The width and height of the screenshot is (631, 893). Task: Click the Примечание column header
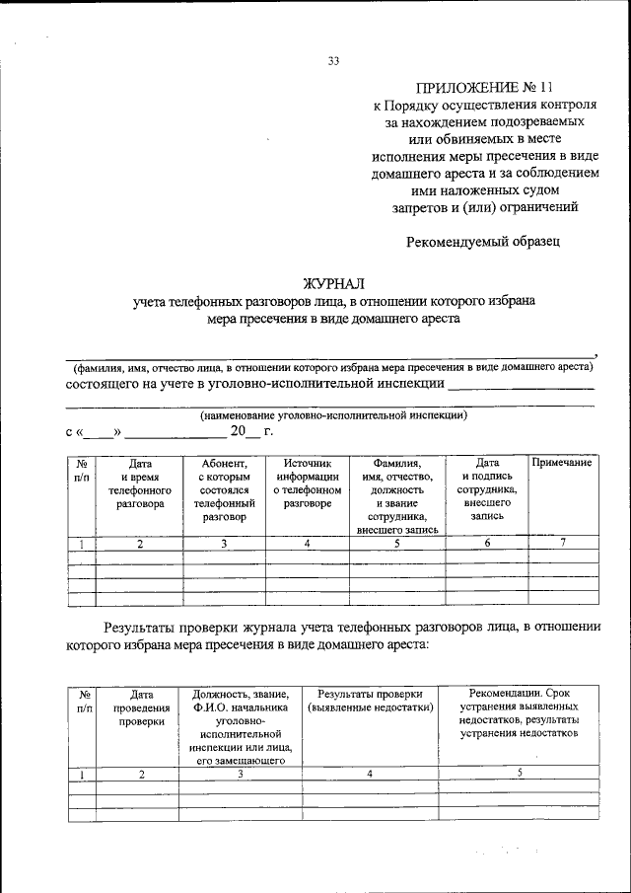[x=562, y=463]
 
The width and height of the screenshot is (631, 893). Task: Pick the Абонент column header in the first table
[x=225, y=489]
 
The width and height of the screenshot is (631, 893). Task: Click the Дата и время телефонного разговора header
[x=140, y=483]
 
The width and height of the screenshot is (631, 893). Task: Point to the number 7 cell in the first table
[x=562, y=543]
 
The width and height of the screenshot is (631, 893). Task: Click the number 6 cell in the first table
[x=487, y=543]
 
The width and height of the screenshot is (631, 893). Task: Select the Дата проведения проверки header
[x=141, y=707]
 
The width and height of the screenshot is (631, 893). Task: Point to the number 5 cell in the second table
[x=519, y=774]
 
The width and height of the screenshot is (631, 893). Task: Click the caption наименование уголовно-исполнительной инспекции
[x=332, y=415]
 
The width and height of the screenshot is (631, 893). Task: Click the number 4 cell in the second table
[x=370, y=775]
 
